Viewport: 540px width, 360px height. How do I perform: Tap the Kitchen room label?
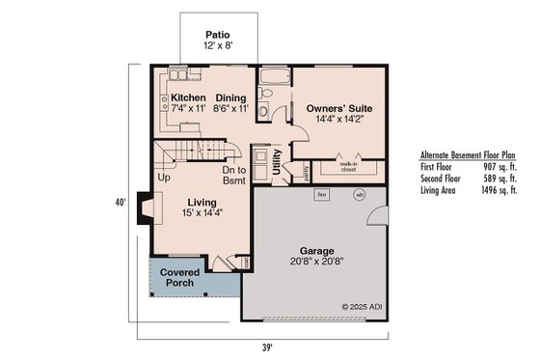click(x=189, y=97)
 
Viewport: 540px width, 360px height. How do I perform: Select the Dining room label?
click(x=230, y=97)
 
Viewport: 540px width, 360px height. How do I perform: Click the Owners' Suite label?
click(x=339, y=109)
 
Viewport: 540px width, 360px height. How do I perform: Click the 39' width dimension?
click(x=266, y=346)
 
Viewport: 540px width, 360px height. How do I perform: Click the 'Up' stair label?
click(x=164, y=178)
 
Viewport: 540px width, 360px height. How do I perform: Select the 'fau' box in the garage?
click(x=320, y=194)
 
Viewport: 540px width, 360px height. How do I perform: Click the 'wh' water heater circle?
click(x=359, y=194)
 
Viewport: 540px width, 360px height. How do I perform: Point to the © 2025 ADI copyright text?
click(x=362, y=307)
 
